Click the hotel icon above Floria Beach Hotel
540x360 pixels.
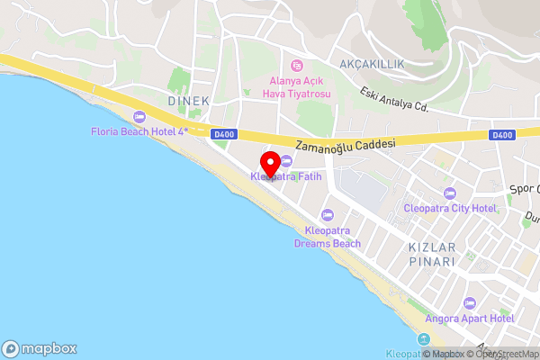point(139,116)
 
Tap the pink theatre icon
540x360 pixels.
point(296,65)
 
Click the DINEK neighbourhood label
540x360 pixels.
point(188,102)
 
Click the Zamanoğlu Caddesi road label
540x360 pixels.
point(346,144)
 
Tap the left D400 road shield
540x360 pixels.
point(224,135)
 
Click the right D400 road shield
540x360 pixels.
point(502,135)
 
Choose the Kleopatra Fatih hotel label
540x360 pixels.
point(286,176)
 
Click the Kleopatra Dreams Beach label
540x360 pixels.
point(327,237)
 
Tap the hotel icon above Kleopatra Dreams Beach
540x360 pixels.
point(327,214)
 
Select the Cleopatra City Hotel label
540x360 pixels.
point(450,208)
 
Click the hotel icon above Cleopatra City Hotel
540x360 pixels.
point(450,193)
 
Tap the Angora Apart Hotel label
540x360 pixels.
point(469,319)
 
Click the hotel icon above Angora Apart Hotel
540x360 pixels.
point(469,303)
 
